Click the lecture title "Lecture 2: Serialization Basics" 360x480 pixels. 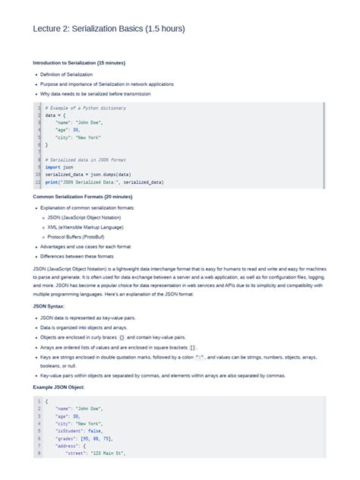point(109,29)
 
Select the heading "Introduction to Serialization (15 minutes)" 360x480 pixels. point(80,62)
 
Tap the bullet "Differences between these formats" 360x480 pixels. point(75,256)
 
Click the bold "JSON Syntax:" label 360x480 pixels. point(49,306)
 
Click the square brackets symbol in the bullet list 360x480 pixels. point(193,346)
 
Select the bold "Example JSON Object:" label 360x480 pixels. point(59,387)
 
